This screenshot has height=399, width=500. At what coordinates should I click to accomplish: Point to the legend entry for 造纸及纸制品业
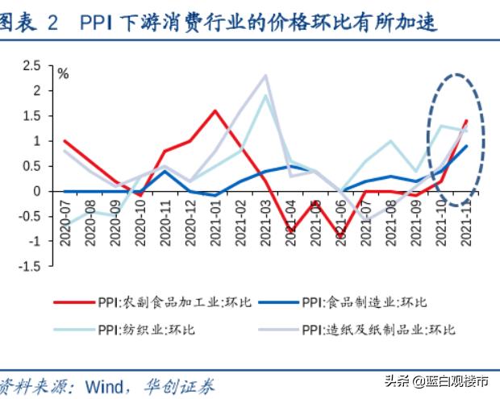pos(378,330)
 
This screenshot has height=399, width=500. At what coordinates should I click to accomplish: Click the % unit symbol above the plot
pos(62,74)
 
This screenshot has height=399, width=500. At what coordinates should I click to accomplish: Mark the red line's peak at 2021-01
pos(215,110)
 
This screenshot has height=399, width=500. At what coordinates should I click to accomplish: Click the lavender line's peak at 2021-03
pos(266,76)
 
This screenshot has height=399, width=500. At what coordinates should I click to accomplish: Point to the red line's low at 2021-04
pos(291,231)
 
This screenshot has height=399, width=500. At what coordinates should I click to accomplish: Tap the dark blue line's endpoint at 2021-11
pos(467,146)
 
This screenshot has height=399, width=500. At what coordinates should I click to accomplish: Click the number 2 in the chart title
pos(53,24)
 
